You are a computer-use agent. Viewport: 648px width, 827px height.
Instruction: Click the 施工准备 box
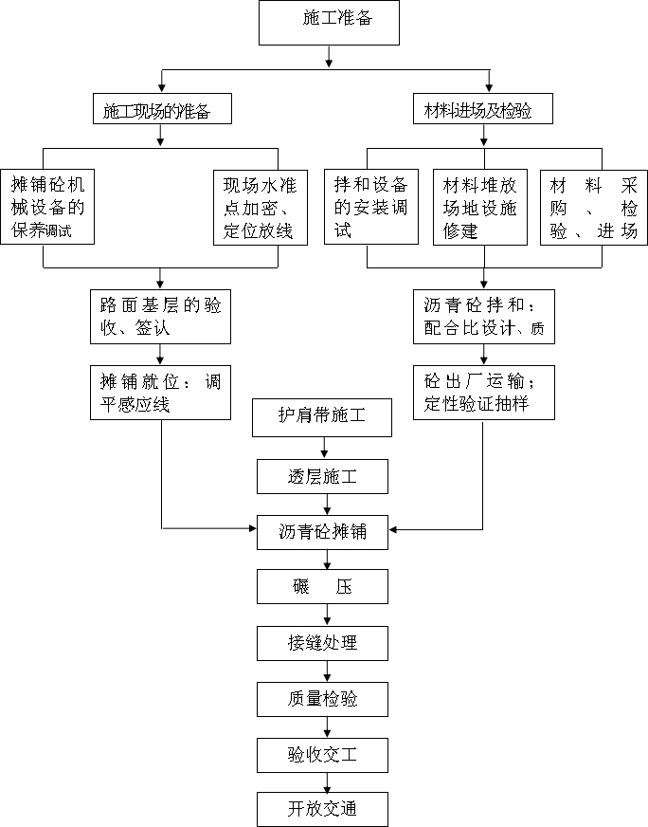[329, 22]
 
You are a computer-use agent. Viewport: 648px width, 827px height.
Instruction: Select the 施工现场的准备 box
[162, 110]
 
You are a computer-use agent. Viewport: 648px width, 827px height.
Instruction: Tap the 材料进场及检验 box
[483, 110]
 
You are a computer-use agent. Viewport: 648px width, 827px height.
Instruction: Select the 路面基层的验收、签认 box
[161, 316]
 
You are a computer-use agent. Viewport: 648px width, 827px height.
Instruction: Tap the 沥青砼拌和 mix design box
[483, 316]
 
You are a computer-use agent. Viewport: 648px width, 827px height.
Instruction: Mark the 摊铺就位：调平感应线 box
[161, 393]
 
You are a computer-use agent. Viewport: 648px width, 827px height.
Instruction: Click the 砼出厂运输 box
[483, 393]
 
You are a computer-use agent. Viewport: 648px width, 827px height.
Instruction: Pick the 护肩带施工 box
[322, 417]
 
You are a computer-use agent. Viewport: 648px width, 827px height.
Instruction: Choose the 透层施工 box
[322, 476]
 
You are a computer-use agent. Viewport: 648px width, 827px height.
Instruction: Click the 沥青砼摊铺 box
[322, 532]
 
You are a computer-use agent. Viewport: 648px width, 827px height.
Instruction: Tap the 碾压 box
[322, 587]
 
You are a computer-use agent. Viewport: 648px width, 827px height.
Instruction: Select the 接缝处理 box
[322, 643]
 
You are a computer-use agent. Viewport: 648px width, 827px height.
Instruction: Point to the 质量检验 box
[322, 699]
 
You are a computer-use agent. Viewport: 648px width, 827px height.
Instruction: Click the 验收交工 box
[322, 755]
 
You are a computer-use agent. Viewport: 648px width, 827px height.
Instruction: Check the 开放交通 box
[322, 809]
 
